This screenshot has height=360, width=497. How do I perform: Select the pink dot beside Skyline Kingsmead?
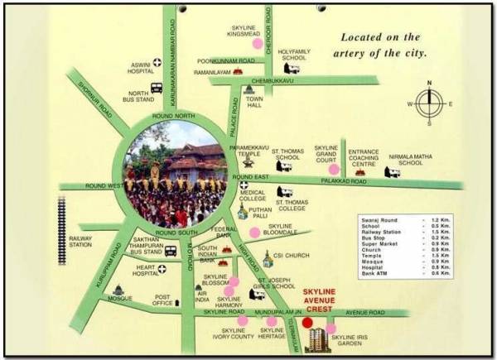coord(258,43)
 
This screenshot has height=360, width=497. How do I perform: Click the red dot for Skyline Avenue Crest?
coord(308,323)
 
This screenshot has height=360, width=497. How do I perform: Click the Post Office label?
coord(162,300)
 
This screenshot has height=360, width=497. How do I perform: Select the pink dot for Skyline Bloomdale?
coord(254,233)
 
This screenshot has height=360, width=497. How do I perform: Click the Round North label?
coord(172,115)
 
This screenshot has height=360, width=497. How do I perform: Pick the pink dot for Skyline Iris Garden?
coord(331,329)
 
